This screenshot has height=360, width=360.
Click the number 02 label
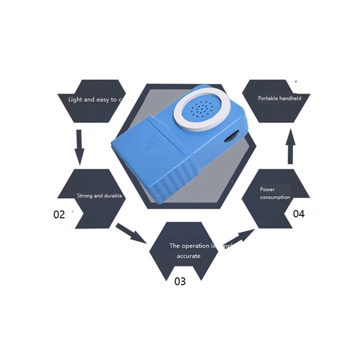click(x=59, y=215)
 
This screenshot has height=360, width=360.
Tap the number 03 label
click(x=180, y=282)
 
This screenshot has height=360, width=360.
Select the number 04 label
click(x=299, y=214)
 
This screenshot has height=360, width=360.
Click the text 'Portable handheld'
click(x=279, y=98)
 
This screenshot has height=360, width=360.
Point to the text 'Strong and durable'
click(x=99, y=196)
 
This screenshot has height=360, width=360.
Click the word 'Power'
click(x=267, y=189)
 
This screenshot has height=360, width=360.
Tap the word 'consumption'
click(x=275, y=197)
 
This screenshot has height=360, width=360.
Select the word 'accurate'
click(x=189, y=256)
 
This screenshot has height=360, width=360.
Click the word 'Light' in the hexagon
click(x=75, y=99)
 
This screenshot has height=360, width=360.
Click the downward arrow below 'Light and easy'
click(x=80, y=147)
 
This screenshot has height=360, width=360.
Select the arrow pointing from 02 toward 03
click(x=130, y=233)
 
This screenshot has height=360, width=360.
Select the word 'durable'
click(x=113, y=196)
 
